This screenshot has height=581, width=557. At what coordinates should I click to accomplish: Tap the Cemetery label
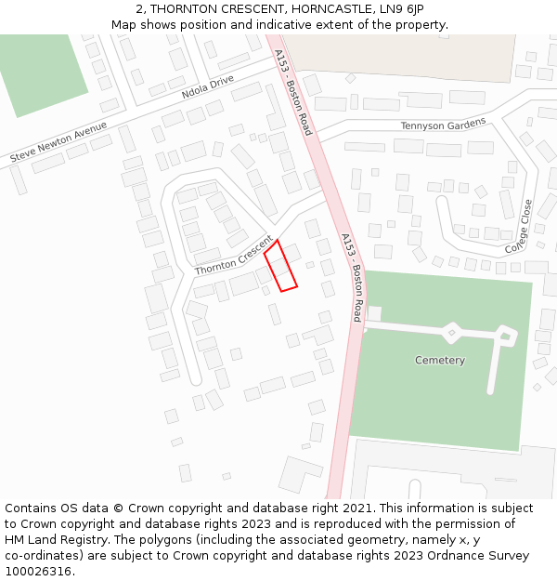click(x=440, y=360)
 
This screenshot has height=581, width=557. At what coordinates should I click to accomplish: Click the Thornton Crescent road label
click(x=233, y=254)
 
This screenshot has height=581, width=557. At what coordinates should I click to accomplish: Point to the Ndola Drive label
click(x=208, y=86)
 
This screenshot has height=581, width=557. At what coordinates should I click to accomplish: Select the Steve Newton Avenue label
click(x=58, y=142)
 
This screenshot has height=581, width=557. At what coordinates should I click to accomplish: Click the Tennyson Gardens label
click(x=443, y=125)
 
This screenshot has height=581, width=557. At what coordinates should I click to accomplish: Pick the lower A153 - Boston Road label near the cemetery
click(x=352, y=277)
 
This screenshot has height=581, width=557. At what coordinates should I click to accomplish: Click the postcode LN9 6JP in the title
click(x=400, y=9)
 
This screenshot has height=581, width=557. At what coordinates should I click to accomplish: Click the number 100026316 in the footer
click(x=38, y=571)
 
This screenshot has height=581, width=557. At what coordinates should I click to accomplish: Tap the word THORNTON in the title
click(x=194, y=9)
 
